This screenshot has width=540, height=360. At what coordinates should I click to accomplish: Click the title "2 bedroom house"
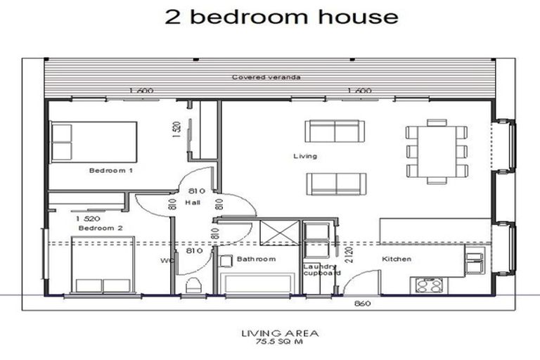click(x=281, y=17)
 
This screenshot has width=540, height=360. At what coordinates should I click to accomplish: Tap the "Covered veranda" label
click(x=266, y=77)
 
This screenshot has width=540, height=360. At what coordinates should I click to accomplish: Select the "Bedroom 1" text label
click(x=111, y=170)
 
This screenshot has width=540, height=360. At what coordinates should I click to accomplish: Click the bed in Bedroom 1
click(x=94, y=142)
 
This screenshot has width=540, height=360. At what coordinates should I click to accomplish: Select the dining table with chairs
click(x=437, y=151)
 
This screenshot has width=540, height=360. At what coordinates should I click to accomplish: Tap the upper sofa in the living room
click(x=335, y=131)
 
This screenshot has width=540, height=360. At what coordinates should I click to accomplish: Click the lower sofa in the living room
click(x=335, y=183)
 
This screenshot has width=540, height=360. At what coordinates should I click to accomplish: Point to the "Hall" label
click(x=193, y=202)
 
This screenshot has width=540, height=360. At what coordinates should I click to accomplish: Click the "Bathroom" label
click(x=256, y=259)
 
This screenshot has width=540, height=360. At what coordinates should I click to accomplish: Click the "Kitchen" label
click(x=396, y=259)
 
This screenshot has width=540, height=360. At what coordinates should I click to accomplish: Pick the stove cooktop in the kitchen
click(x=429, y=285)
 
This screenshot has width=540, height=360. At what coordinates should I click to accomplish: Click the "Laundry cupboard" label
click(x=321, y=270)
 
